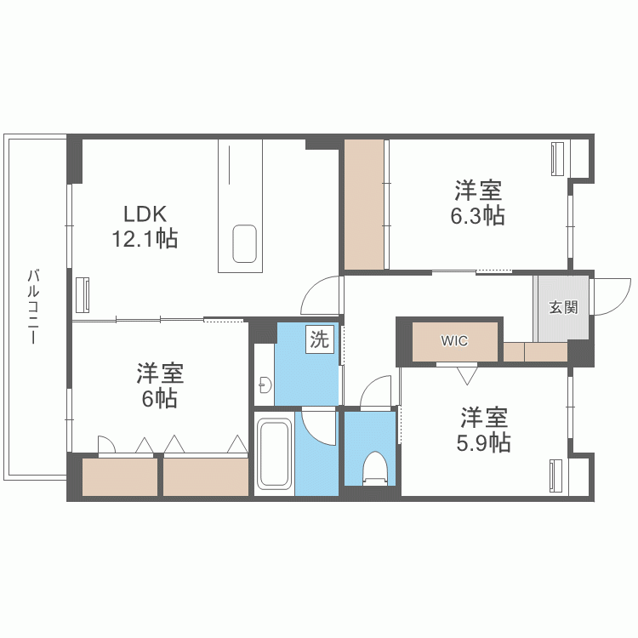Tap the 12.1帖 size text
tap(145, 239)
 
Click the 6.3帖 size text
tap(477, 215)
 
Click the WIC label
tap(453, 341)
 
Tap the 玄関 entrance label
tap(562, 307)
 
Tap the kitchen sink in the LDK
tap(245, 245)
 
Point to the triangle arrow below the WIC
tap(467, 373)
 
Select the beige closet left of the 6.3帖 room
tap(366, 204)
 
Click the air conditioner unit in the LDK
tap(84, 295)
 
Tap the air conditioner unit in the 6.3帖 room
tap(557, 159)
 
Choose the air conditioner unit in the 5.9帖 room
tap(556, 476)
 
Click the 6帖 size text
tap(159, 398)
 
